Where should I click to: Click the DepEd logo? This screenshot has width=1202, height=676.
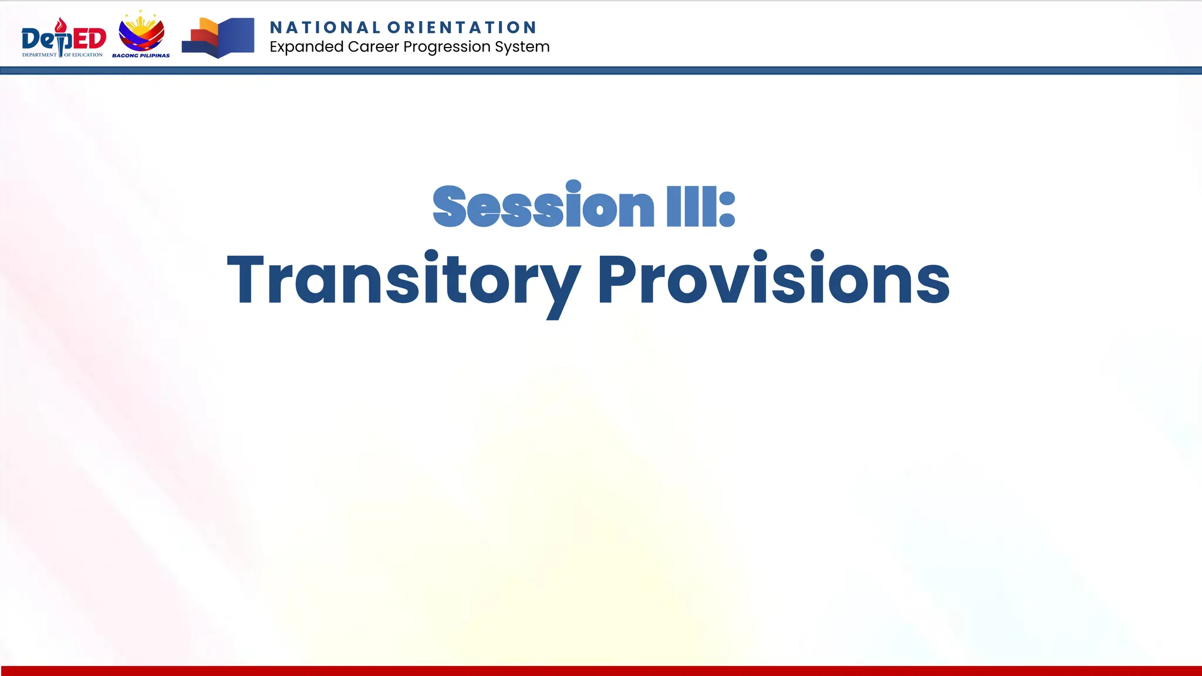(x=63, y=38)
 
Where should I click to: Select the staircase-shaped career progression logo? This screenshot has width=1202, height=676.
(x=218, y=38)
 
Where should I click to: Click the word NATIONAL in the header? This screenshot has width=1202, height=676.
(x=325, y=28)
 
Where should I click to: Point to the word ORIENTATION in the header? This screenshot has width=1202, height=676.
(x=462, y=28)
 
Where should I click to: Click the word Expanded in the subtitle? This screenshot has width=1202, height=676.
(x=306, y=47)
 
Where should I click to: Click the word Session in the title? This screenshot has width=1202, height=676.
(x=543, y=207)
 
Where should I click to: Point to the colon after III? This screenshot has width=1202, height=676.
(x=727, y=209)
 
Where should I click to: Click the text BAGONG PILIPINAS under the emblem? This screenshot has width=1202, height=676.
(x=141, y=56)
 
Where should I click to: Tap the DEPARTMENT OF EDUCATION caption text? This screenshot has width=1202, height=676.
(x=62, y=55)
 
